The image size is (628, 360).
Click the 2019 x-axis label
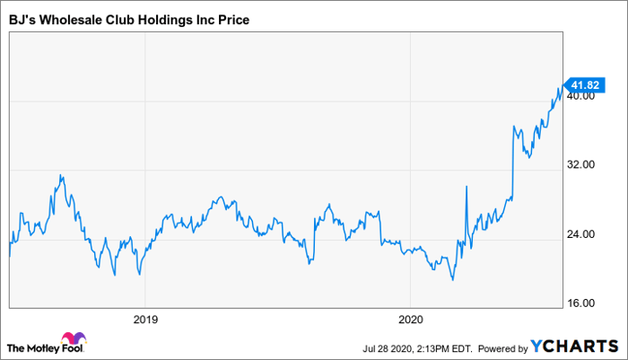tap(145, 319)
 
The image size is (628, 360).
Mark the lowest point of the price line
tap(453, 280)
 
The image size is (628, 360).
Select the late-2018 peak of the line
tap(60, 175)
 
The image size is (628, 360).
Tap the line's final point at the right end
tap(560, 87)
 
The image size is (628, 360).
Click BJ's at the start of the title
tap(22, 18)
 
